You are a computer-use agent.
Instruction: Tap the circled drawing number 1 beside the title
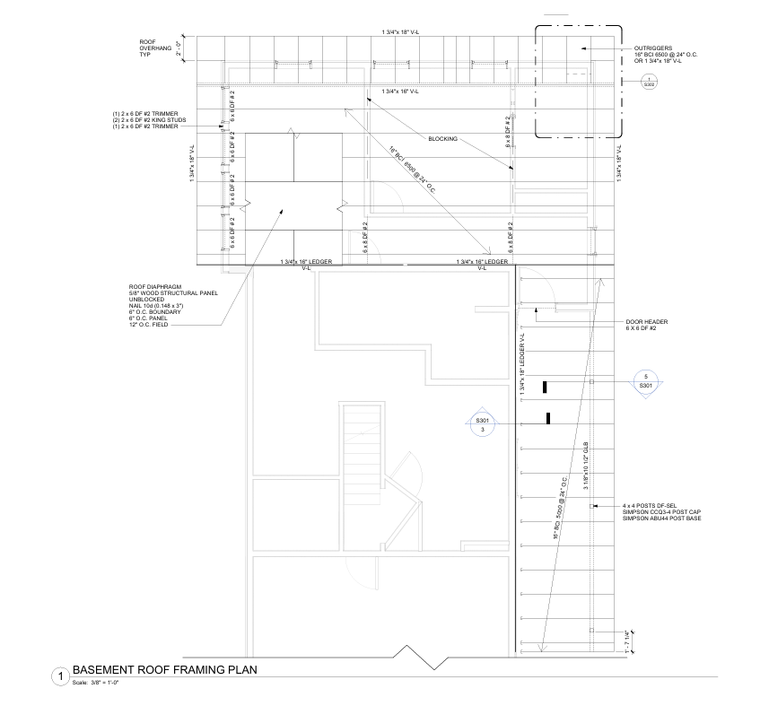coord(60,675)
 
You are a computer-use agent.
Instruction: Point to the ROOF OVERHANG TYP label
coord(154,48)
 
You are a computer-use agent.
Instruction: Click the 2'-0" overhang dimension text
coord(179,48)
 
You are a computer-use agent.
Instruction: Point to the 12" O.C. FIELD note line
coord(149,324)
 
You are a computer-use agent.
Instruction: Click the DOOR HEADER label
coord(645,321)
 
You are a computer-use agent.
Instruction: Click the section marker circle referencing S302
coord(649,83)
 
